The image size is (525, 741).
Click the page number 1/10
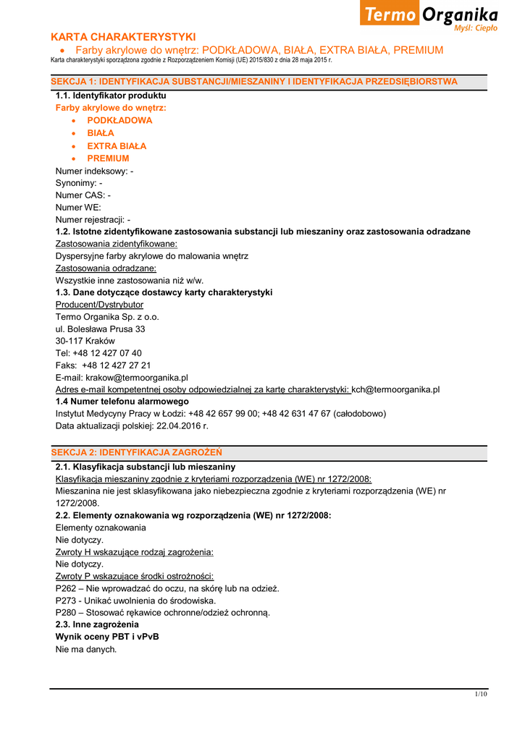481,694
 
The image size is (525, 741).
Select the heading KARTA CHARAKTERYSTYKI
123,37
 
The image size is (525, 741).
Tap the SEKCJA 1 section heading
254,82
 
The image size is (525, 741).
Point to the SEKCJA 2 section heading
136,452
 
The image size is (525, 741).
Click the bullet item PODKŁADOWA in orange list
119,121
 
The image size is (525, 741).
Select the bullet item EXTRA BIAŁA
117,146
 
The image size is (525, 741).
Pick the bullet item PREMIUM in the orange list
108,158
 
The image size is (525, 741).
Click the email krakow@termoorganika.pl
137,377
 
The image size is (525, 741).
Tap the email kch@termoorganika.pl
395,389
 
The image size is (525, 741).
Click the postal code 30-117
69,341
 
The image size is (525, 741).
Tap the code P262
67,588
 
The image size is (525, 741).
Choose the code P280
67,612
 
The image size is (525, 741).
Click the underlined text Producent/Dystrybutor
99,305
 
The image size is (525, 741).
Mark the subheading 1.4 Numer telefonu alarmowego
122,401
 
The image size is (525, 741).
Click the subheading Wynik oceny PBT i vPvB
107,637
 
